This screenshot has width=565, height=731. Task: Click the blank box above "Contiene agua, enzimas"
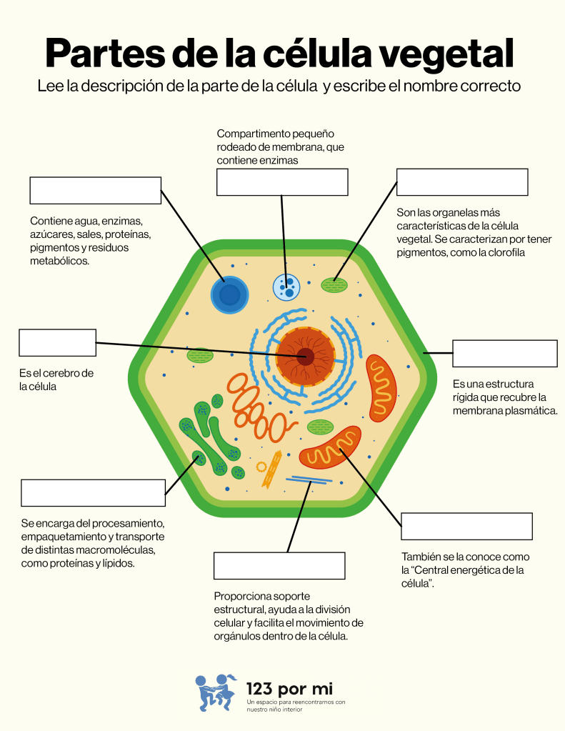(95, 190)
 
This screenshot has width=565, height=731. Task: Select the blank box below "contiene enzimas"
(282, 182)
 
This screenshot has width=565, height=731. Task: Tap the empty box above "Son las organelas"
(462, 182)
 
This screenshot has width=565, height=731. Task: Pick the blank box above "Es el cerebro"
(57, 342)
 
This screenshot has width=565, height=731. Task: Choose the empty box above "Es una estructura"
(504, 354)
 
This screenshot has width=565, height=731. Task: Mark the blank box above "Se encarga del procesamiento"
(93, 493)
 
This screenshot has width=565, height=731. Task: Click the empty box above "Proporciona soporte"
(279, 565)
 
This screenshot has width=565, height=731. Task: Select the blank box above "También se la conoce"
(466, 526)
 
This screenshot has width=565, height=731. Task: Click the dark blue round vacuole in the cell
(229, 295)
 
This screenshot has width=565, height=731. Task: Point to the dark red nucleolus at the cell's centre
(306, 356)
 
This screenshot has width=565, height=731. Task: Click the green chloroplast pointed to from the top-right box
(334, 285)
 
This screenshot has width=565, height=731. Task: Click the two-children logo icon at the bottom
(216, 692)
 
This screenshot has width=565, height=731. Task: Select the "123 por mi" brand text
(289, 688)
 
